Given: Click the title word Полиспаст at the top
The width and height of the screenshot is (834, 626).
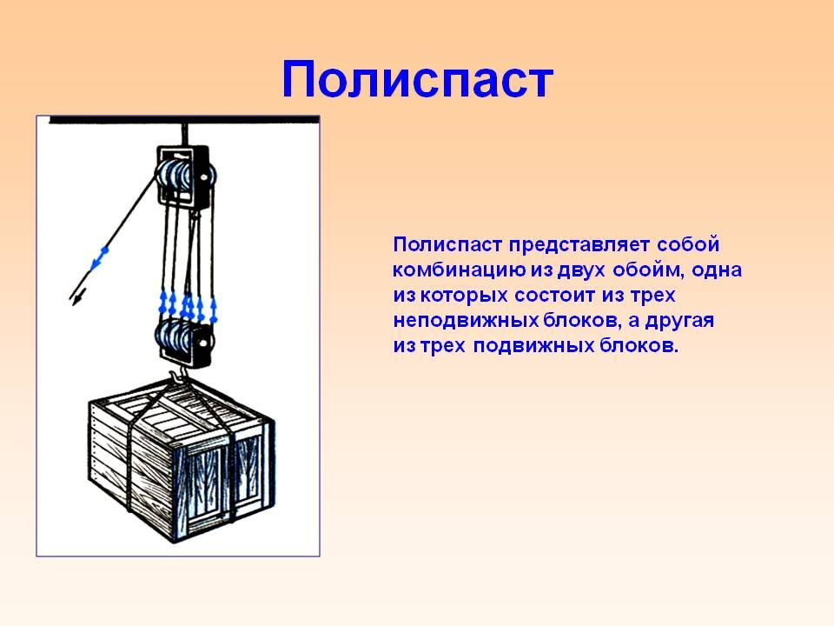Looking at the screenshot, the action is coord(418,81).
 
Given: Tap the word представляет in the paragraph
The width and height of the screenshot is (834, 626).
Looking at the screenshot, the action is coord(579,244).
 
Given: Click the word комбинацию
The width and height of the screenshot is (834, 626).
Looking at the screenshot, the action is coord(459,270).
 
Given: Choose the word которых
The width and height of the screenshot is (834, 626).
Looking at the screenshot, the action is coord(461,296).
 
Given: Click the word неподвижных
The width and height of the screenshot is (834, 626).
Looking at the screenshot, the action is coord(466,321).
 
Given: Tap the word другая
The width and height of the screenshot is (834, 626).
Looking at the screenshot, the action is coord(679,321).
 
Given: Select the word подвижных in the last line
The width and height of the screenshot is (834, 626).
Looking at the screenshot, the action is coord(533,346).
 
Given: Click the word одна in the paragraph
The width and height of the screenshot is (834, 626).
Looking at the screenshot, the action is coord(717,270).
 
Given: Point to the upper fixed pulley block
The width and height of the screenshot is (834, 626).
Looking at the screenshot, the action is coord(185,175).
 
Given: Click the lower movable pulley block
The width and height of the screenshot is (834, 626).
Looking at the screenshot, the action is coord(184,342).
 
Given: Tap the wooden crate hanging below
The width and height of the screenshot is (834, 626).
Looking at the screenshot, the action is coord(182,459).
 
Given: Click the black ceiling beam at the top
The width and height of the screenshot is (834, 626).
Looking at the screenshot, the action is coord(184,120).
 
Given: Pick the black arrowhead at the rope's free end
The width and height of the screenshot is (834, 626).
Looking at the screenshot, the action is coord(76,298).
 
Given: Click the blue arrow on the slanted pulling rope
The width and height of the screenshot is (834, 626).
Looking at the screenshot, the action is coord(99,259).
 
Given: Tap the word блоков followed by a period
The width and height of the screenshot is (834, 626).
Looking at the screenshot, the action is coord(639,346).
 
